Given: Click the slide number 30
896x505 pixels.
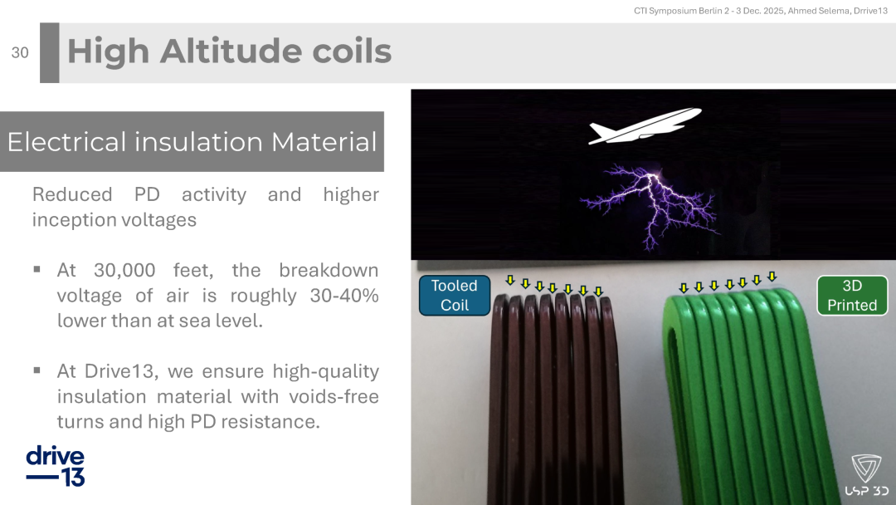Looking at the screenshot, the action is coord(20,52).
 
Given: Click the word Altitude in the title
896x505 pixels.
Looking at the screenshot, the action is coord(231,51).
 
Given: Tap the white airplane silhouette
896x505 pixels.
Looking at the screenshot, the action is coord(645,125).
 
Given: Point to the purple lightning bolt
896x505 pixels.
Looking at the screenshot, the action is coord(650,207).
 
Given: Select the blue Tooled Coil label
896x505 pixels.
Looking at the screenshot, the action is coord(455,295).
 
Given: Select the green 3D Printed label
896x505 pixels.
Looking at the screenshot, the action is coord(852,295).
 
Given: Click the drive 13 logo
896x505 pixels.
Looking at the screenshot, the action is coord(56,465).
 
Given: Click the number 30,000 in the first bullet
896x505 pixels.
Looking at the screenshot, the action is coord(124,270).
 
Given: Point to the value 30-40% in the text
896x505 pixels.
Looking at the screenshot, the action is coord(344,295).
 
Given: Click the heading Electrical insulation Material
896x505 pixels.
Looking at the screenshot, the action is coord(192,142).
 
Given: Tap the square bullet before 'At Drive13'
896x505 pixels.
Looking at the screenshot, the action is coord(37,370).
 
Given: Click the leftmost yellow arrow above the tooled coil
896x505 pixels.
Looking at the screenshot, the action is coord(510,280).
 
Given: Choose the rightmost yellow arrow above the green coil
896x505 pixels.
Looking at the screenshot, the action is coord(772,277).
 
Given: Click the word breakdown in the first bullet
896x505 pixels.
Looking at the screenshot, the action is coord(329,270).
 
